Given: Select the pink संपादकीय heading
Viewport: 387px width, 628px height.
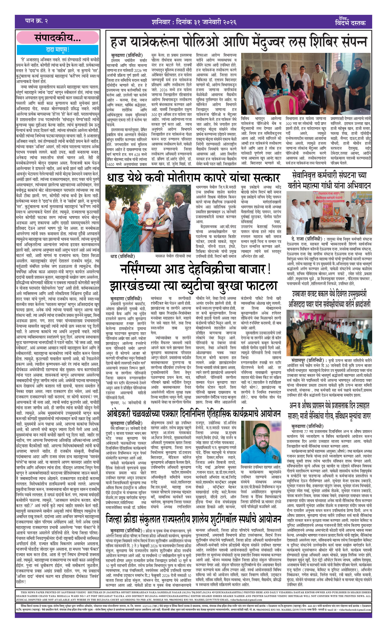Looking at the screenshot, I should pyautogui.click(x=58, y=38).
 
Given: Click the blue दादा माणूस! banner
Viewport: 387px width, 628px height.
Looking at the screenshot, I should pyautogui.click(x=58, y=50).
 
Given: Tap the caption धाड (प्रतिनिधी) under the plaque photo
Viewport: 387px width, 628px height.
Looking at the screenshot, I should pyautogui.click(x=123, y=256).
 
